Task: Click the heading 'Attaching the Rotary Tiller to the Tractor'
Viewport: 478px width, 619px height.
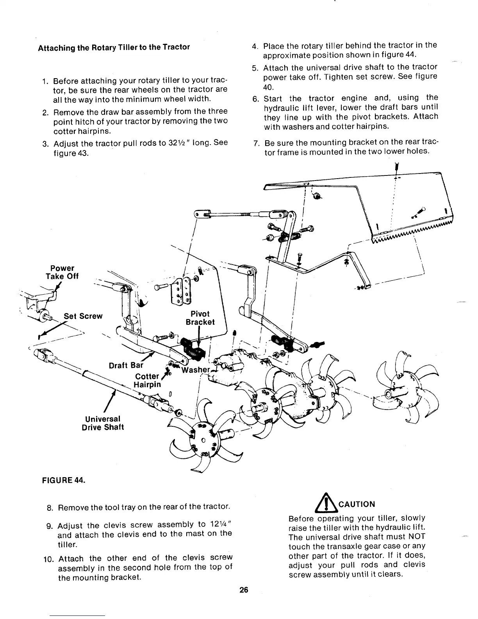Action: tap(114, 47)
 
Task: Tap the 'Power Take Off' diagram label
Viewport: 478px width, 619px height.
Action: tap(62, 272)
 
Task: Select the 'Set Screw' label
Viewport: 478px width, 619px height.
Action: tap(83, 316)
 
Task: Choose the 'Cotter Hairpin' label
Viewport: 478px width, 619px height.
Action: tap(147, 380)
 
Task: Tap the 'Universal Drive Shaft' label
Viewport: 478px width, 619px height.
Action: tap(103, 423)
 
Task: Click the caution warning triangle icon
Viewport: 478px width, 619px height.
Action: tap(330, 504)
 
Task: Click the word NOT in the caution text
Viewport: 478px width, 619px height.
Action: tap(417, 537)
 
